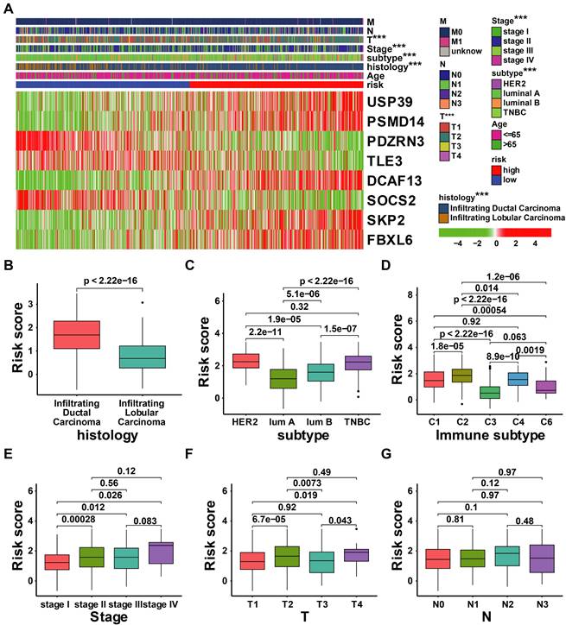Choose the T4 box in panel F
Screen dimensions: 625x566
(350, 555)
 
